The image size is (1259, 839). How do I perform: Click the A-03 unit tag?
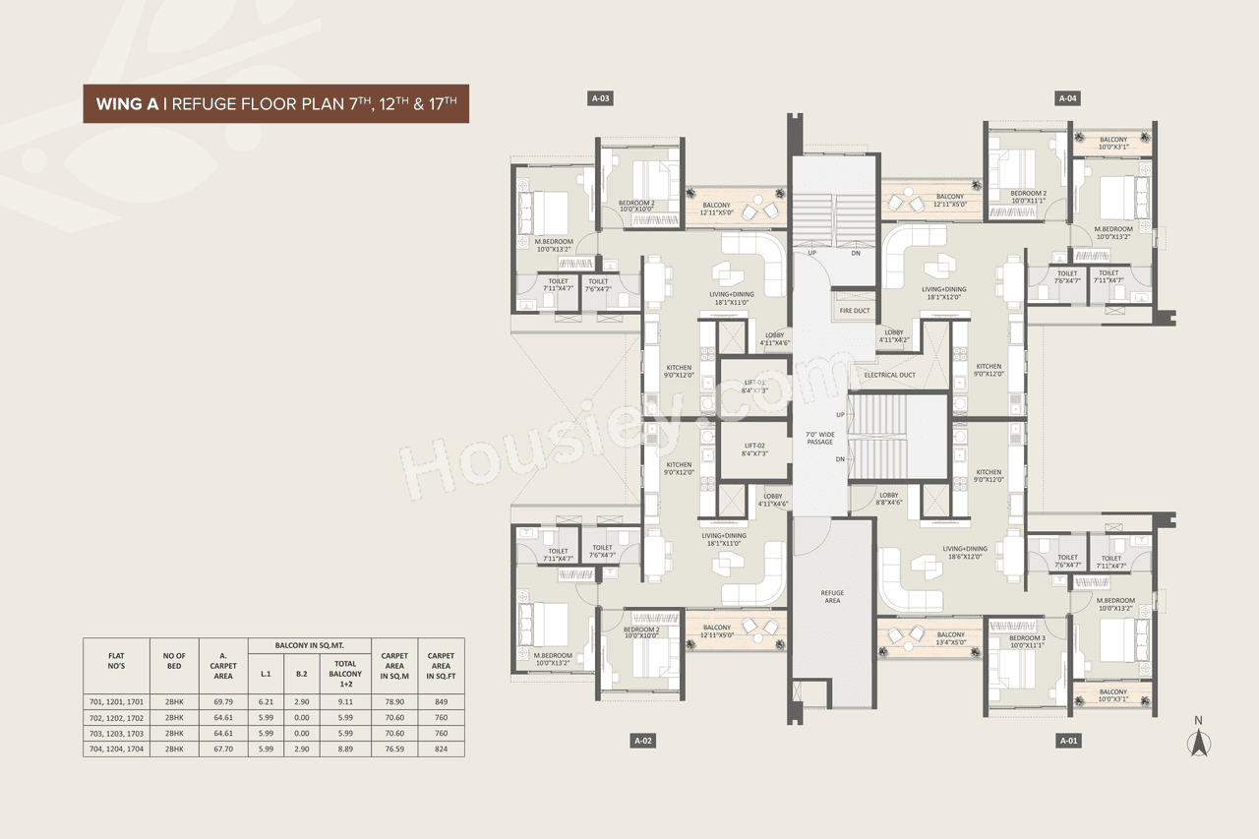click(x=601, y=98)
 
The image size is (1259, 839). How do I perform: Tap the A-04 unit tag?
click(x=1068, y=98)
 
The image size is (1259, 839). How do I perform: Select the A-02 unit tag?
click(x=643, y=740)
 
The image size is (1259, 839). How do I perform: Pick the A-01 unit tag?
click(x=1068, y=740)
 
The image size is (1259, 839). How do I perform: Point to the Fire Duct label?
click(x=854, y=311)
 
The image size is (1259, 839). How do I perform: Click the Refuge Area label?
click(x=832, y=597)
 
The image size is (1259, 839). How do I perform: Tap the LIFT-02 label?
click(x=754, y=449)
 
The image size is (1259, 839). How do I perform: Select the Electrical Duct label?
click(x=889, y=375)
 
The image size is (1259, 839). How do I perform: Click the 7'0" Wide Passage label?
click(x=819, y=438)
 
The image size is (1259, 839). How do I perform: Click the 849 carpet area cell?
click(x=440, y=701)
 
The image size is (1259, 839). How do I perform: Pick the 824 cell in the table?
click(x=440, y=749)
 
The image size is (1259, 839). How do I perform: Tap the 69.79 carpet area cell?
click(x=223, y=701)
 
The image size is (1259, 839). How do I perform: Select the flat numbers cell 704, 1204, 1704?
click(x=116, y=749)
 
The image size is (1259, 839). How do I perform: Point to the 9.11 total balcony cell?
click(x=345, y=701)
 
